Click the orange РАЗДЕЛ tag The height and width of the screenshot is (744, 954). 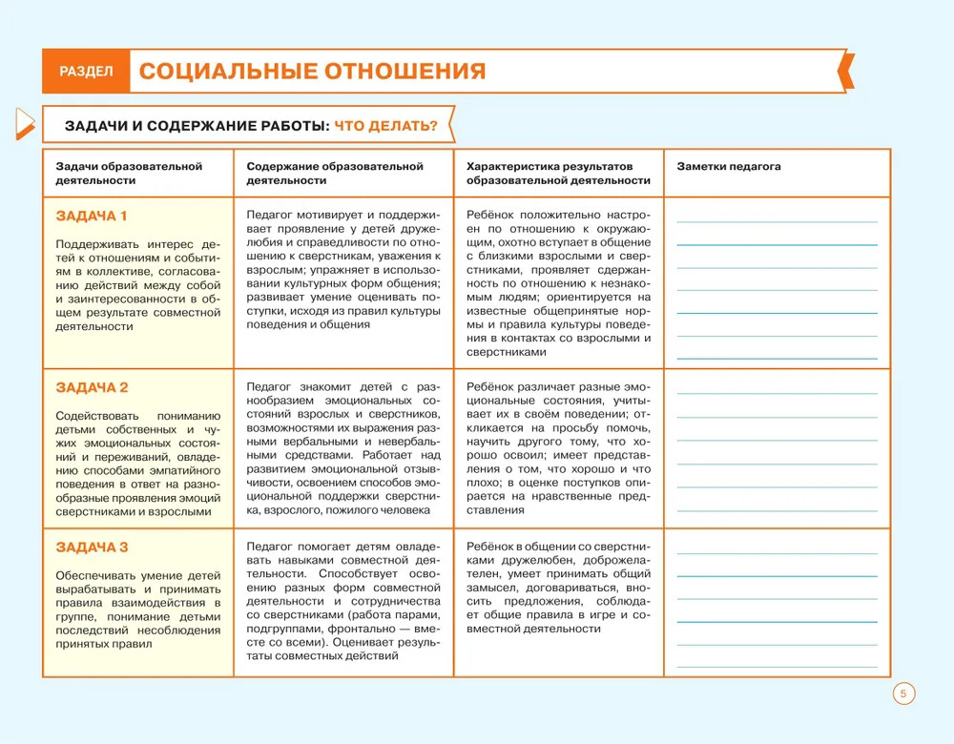[x=86, y=72]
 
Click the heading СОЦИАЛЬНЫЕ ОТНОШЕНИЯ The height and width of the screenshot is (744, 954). [x=312, y=72]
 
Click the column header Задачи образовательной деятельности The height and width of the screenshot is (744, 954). [x=129, y=173]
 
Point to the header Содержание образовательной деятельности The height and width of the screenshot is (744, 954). [x=334, y=173]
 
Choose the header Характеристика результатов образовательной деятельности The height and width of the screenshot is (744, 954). [x=558, y=173]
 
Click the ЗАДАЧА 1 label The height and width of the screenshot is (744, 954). [x=92, y=216]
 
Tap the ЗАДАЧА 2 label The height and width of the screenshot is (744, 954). [x=92, y=387]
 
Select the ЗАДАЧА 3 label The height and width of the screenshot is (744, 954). [x=92, y=547]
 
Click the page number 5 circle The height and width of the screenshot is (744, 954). [x=903, y=693]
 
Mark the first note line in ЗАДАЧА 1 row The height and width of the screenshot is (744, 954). [x=777, y=222]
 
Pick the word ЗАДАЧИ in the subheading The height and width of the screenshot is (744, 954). [x=97, y=126]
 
